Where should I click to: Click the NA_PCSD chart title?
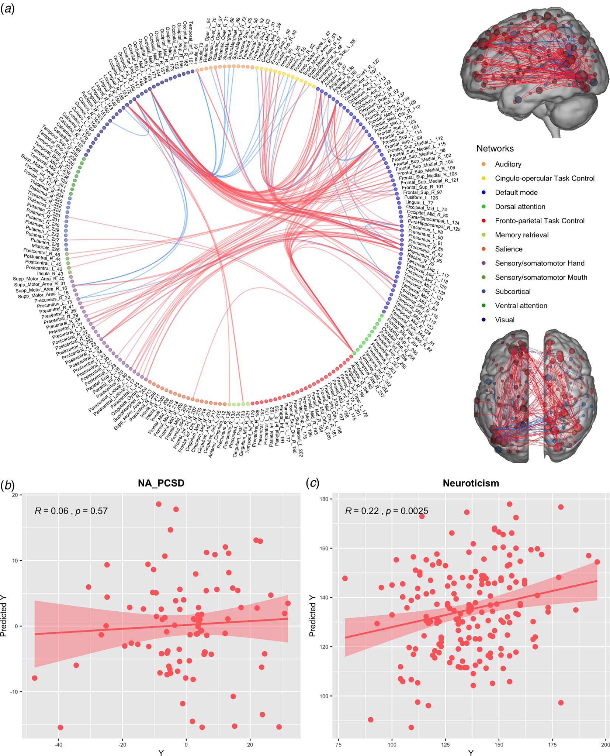pos(161,483)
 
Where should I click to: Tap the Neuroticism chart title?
pos(471,483)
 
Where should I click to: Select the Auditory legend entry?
pos(508,164)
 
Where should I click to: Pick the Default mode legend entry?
pos(516,192)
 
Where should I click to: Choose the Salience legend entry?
pos(509,249)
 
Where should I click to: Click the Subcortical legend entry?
pos(513,292)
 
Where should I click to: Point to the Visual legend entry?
pos(505,320)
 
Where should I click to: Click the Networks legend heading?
pos(495,148)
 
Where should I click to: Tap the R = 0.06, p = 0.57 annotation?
pos(71,511)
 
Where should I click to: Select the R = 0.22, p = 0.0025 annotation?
pos(387,511)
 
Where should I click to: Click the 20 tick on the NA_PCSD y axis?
pos(15,495)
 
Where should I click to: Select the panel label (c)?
pos(313,483)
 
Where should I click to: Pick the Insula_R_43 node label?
pos(50,274)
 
